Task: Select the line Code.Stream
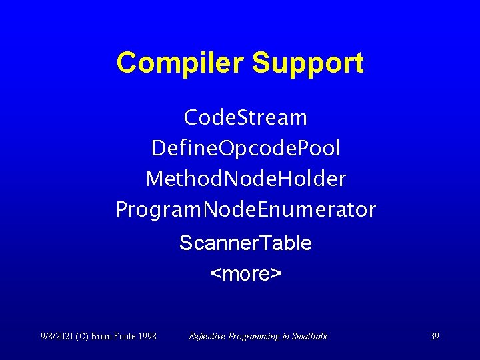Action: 245,118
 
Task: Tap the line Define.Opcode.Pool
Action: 245,148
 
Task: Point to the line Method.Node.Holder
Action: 245,179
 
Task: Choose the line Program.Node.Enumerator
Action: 245,209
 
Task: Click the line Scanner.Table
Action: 245,243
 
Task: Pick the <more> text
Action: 245,273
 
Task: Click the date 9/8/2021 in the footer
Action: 56,336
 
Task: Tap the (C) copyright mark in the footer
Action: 85,336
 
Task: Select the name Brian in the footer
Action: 105,336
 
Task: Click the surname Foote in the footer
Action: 128,336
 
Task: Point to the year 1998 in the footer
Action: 149,336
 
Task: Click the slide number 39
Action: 434,336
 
